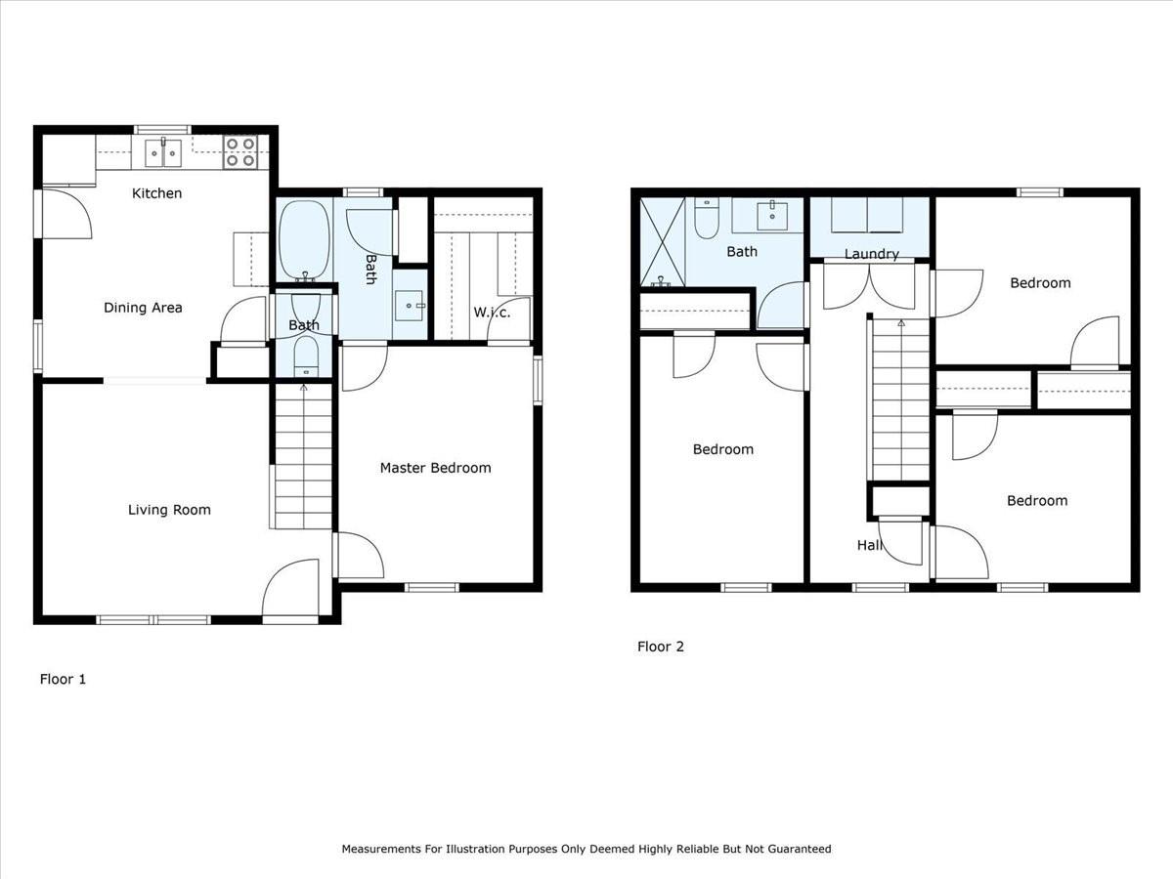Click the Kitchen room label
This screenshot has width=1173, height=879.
(156, 193)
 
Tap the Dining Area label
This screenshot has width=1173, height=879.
(143, 308)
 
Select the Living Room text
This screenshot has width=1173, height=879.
(169, 510)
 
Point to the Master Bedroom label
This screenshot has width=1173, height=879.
(435, 468)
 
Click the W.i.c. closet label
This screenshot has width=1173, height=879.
(492, 313)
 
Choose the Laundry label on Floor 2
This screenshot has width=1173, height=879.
(871, 254)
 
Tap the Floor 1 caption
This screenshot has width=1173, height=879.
(63, 679)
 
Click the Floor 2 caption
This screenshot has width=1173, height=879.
(661, 647)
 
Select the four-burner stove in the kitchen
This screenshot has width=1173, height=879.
(240, 152)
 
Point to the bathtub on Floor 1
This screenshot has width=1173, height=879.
(304, 239)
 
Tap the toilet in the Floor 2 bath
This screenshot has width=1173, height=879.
(707, 219)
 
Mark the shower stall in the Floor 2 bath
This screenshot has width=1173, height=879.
(662, 242)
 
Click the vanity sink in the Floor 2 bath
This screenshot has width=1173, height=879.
(772, 214)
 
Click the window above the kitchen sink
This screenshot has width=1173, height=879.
(162, 129)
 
